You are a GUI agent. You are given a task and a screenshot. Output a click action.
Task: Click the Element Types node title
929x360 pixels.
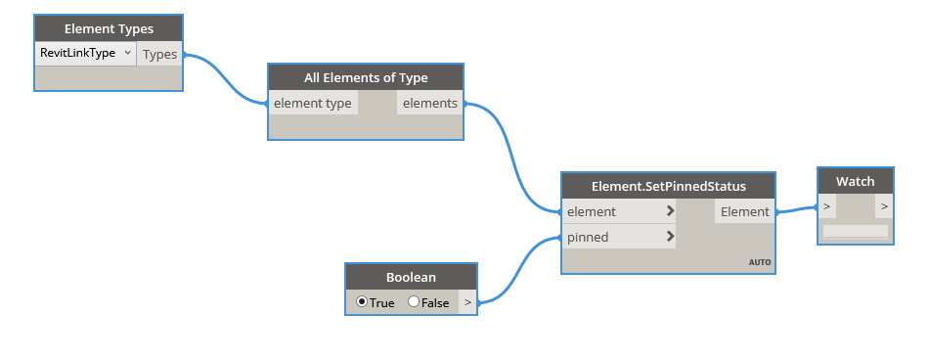[x=109, y=29]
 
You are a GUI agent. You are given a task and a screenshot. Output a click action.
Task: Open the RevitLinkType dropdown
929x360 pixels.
[x=86, y=54]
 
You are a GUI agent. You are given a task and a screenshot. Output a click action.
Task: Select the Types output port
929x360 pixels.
[x=159, y=55]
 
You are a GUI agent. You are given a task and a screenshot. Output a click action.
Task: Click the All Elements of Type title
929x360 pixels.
[x=366, y=78]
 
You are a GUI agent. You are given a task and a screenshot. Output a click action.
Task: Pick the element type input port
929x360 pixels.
[x=313, y=103]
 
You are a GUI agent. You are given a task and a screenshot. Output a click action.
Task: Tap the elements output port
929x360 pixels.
[x=429, y=103]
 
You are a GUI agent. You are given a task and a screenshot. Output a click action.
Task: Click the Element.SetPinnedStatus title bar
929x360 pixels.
[x=669, y=186]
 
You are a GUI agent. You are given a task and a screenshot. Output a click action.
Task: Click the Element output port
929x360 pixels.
[x=744, y=211]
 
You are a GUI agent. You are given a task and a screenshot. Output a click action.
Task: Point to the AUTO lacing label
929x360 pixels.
[x=760, y=262]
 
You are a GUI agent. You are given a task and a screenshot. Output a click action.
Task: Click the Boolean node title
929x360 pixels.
[x=411, y=277]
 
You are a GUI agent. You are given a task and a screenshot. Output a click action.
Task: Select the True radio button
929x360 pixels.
[x=363, y=302]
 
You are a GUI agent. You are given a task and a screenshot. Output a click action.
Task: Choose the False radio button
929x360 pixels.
[x=414, y=302]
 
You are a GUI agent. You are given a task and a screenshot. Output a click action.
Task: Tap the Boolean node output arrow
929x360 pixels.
[x=467, y=302]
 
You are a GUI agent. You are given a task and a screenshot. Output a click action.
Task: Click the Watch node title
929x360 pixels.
[x=855, y=181]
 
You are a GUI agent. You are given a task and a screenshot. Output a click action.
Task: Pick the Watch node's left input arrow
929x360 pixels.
[x=827, y=206]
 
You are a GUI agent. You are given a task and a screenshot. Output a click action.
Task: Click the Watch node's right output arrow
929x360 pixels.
[x=883, y=206]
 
